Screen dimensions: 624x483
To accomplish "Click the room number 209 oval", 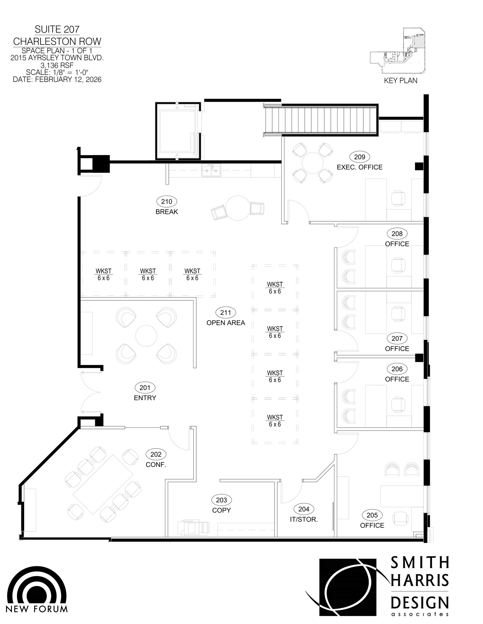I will pyautogui.click(x=359, y=157).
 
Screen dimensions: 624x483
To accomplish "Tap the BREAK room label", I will pyautogui.click(x=167, y=212).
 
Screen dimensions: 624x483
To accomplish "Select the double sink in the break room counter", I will pyautogui.click(x=211, y=170).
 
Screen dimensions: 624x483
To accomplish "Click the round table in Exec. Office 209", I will pyautogui.click(x=312, y=163).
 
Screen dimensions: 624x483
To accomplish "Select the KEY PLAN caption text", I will pyautogui.click(x=400, y=81).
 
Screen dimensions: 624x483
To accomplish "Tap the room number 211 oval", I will pyautogui.click(x=226, y=312).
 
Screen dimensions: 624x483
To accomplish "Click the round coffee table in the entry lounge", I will pyautogui.click(x=146, y=336).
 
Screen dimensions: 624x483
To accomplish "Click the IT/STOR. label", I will pyautogui.click(x=304, y=519).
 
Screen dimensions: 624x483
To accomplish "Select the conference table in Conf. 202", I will pyautogui.click(x=103, y=487).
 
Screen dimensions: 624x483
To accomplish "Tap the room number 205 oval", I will pyautogui.click(x=372, y=515).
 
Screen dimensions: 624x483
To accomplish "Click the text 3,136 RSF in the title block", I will pyautogui.click(x=57, y=65).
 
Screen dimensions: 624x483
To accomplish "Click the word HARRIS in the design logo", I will pyautogui.click(x=420, y=580).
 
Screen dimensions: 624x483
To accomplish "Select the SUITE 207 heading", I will pyautogui.click(x=57, y=30).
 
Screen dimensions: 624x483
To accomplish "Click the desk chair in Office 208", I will pyautogui.click(x=398, y=265).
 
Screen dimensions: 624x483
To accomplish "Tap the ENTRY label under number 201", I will pyautogui.click(x=145, y=398).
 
